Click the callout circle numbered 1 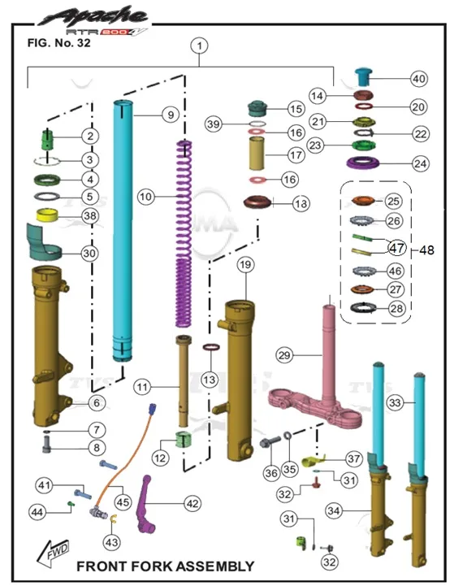[x=200, y=46]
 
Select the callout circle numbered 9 [x=171, y=115]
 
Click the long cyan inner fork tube [x=123, y=231]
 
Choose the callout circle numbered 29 [x=284, y=354]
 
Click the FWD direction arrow [x=54, y=553]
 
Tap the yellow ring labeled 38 [x=46, y=215]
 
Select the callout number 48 [x=426, y=250]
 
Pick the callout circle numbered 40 [x=418, y=79]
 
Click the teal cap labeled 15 [x=258, y=108]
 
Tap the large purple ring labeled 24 [x=363, y=163]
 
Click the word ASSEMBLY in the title [x=214, y=566]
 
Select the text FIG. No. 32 [x=59, y=43]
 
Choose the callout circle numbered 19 [x=245, y=265]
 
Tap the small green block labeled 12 [x=183, y=439]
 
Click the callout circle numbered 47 [x=396, y=248]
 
